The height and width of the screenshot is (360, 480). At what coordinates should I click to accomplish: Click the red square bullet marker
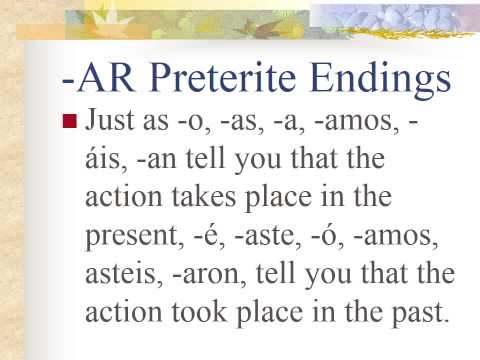click(69, 124)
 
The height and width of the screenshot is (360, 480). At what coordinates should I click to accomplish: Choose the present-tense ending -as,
click(238, 124)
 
